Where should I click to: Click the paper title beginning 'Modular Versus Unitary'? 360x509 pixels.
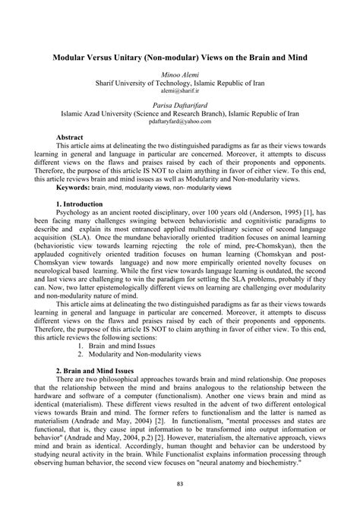(180, 58)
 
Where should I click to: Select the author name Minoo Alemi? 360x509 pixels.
(179, 75)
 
